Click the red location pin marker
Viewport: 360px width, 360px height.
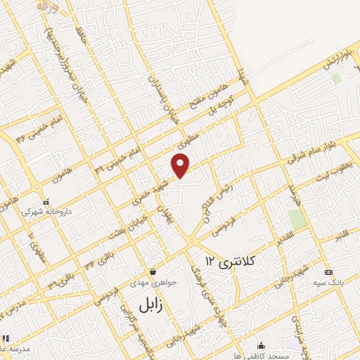181,165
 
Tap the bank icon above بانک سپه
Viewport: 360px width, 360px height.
328,271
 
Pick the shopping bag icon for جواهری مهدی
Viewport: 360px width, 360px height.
153,271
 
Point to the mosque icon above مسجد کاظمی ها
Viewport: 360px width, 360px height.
261,345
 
